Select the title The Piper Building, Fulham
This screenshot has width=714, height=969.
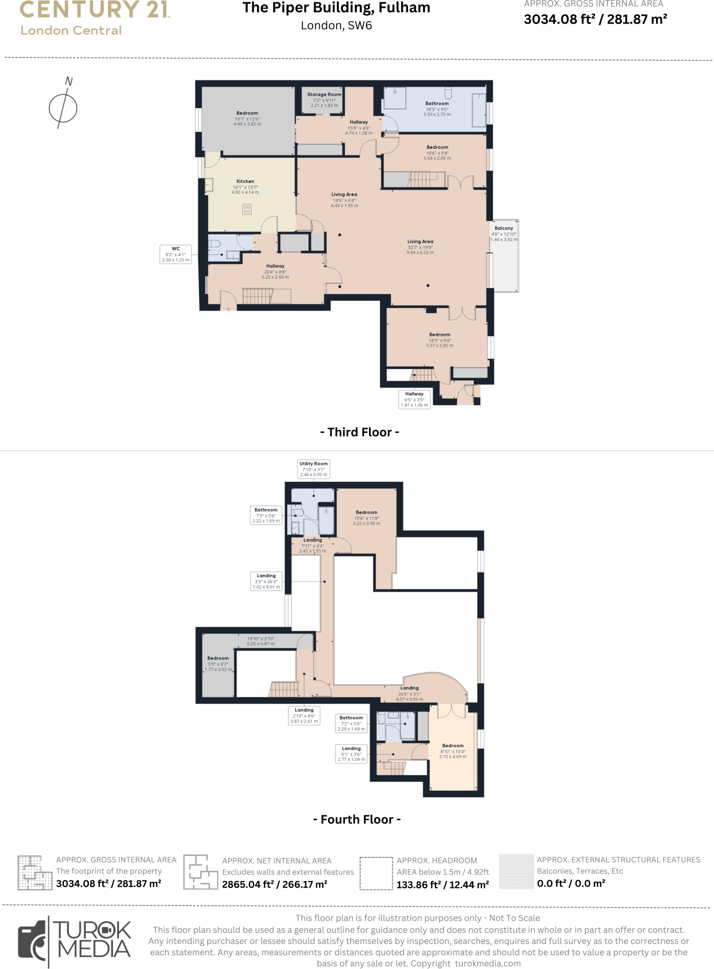(336, 8)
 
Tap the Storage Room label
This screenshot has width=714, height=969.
(324, 95)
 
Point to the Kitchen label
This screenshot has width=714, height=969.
(245, 181)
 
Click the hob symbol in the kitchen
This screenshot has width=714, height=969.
(247, 209)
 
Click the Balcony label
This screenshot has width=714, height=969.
(504, 228)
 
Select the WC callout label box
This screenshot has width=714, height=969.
(176, 254)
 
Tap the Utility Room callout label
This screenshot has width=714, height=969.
(313, 469)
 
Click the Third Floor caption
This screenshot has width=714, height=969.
(360, 432)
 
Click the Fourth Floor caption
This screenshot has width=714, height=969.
(357, 819)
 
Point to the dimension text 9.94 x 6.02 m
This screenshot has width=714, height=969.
(420, 253)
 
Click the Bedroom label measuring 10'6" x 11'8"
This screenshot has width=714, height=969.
(367, 512)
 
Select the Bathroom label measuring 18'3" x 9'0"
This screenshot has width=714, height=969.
(437, 104)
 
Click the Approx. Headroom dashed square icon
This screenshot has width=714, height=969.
(376, 873)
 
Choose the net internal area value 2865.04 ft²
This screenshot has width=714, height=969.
(274, 884)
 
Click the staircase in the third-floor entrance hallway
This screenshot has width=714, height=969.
(258, 296)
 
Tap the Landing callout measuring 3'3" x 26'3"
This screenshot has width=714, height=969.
(266, 581)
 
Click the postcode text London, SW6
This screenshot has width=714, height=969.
(336, 26)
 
